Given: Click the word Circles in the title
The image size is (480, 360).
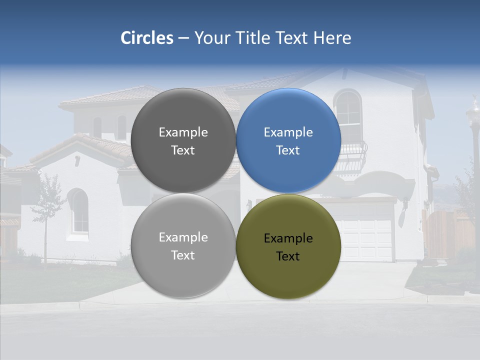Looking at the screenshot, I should (x=147, y=37).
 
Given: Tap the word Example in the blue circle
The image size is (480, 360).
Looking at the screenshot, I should (x=288, y=132).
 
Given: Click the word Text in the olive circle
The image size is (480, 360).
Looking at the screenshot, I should (x=288, y=256).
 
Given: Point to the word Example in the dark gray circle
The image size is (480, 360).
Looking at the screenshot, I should (x=183, y=132).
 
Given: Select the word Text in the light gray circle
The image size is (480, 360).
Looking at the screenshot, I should (x=183, y=255).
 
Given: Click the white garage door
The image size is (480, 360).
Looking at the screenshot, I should (x=367, y=230).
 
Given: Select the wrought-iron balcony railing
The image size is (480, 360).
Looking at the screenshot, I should (x=352, y=157).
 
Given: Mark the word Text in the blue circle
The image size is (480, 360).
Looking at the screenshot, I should (x=288, y=150).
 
